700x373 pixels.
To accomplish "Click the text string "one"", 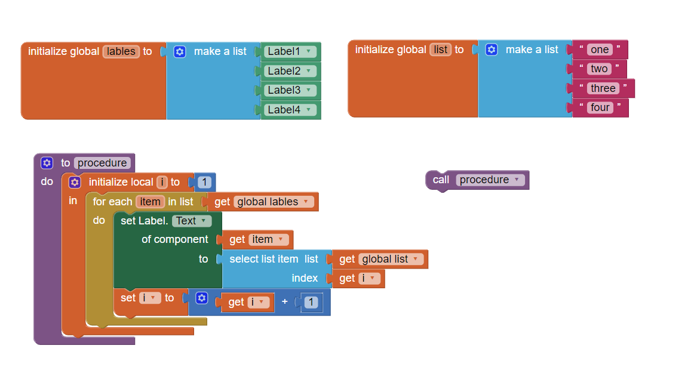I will [x=600, y=50].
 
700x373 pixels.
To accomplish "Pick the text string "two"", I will [x=599, y=69].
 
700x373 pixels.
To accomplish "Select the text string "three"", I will [x=603, y=88].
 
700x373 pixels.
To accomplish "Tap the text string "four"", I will [x=600, y=107].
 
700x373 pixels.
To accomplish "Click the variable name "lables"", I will [x=121, y=51].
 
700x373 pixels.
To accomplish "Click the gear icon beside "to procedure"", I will [x=47, y=163].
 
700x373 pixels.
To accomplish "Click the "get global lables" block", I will [x=263, y=202].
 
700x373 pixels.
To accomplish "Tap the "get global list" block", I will [x=380, y=259].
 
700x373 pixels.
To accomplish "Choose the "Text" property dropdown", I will [x=191, y=221].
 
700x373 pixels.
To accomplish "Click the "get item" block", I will [x=257, y=239].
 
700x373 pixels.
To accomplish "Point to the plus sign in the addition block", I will [x=285, y=302].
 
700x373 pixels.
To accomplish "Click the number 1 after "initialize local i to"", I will [x=204, y=182].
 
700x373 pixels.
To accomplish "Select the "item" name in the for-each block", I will [x=150, y=202].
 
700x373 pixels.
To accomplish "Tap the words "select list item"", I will [x=263, y=259].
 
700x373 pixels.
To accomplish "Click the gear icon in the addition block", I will [x=202, y=297].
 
